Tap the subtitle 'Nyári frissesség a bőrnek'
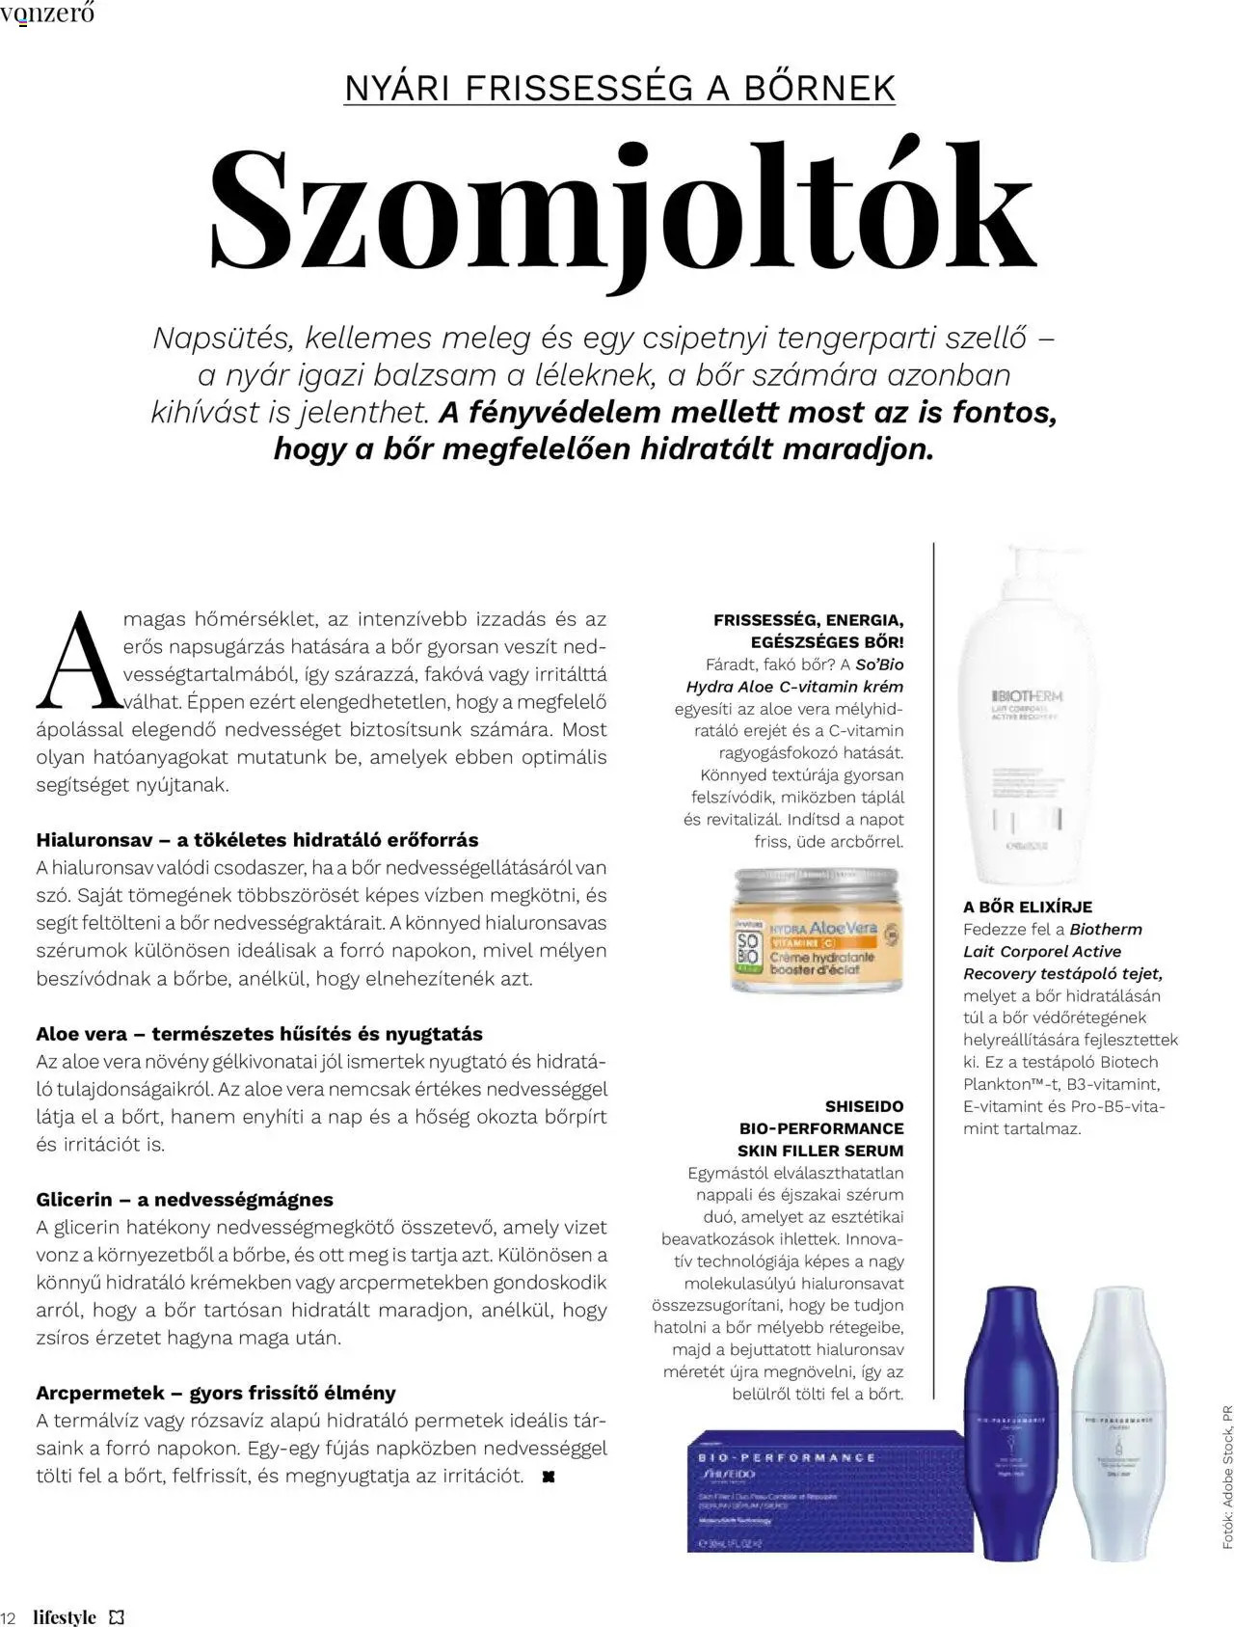(619, 88)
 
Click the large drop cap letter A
(80, 662)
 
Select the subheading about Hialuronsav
(257, 839)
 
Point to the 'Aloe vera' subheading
(259, 1034)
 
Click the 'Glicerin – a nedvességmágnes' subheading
(185, 1200)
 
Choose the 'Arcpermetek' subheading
(216, 1393)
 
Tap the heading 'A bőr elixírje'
(1028, 907)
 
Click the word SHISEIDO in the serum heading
(865, 1106)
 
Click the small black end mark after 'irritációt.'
(549, 1477)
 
